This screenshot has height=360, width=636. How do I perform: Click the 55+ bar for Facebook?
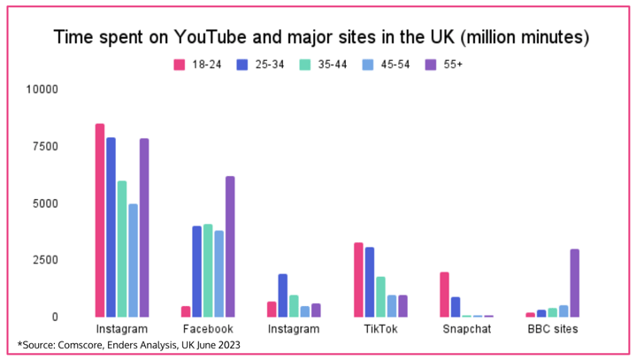pos(230,247)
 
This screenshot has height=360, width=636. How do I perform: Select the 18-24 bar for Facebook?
pos(187,311)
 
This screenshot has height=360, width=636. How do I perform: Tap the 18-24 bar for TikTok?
pos(359,280)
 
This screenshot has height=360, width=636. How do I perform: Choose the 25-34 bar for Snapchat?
pos(456,307)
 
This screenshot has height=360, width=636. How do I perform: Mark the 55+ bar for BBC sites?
pos(575,283)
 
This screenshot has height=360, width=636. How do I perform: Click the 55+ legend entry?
pos(450,65)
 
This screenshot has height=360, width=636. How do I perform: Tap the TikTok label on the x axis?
pos(380,329)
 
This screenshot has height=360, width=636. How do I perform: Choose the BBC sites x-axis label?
pos(553,329)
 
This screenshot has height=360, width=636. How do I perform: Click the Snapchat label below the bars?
pos(467,329)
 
